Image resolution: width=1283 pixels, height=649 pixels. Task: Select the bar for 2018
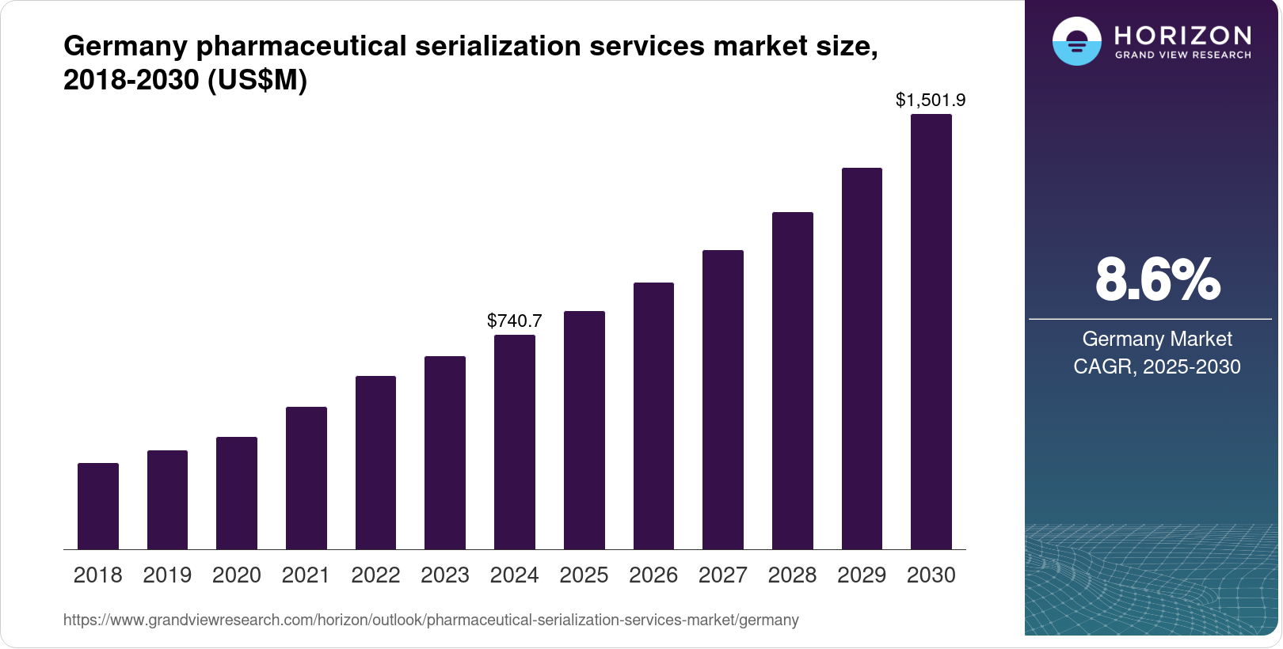pyautogui.click(x=98, y=507)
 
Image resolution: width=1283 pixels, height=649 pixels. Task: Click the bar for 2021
pyautogui.click(x=306, y=478)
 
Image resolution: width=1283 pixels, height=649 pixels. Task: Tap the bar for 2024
pyautogui.click(x=515, y=442)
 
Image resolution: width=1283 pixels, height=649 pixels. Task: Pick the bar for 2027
pyautogui.click(x=723, y=400)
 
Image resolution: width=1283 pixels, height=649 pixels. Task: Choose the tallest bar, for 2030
pyautogui.click(x=931, y=332)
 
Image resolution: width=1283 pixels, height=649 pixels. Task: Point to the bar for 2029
pyautogui.click(x=862, y=359)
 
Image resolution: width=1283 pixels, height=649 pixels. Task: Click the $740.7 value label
pyautogui.click(x=515, y=321)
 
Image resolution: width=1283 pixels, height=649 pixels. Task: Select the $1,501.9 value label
pyautogui.click(x=931, y=101)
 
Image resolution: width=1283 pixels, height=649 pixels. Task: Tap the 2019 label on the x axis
pyautogui.click(x=167, y=575)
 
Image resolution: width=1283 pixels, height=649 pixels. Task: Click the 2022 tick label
pyautogui.click(x=375, y=575)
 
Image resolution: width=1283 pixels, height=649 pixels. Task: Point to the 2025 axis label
pyautogui.click(x=584, y=575)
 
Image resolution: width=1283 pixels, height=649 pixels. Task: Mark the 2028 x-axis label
pyautogui.click(x=792, y=575)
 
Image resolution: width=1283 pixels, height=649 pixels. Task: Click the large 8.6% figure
pyautogui.click(x=1157, y=279)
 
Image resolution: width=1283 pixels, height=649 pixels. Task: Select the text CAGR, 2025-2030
pyautogui.click(x=1157, y=366)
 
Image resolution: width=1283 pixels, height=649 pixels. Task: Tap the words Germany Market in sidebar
pyautogui.click(x=1157, y=339)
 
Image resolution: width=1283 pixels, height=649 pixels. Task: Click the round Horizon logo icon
pyautogui.click(x=1077, y=41)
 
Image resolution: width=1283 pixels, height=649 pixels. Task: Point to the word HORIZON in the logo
pyautogui.click(x=1183, y=36)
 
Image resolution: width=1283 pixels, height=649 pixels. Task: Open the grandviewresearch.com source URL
pyautogui.click(x=431, y=620)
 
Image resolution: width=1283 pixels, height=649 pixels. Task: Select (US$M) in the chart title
pyautogui.click(x=257, y=80)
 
